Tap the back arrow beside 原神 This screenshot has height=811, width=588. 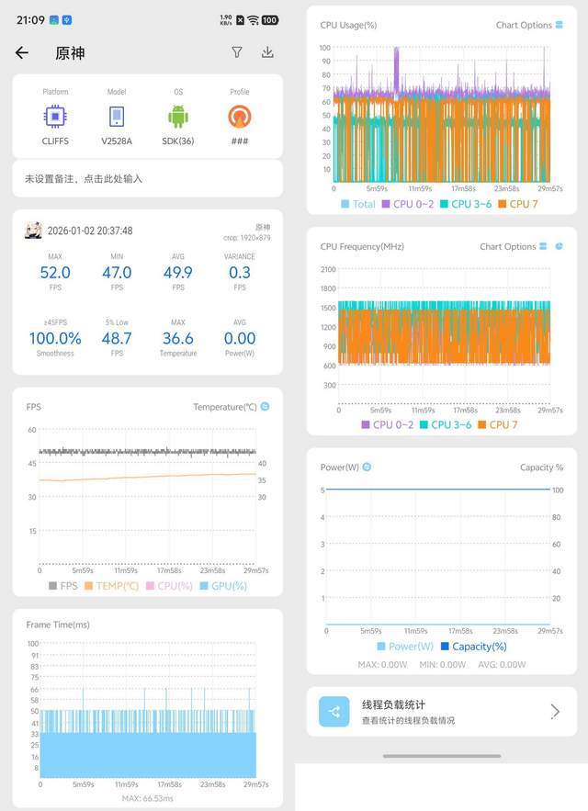(22, 53)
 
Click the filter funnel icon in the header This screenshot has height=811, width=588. (237, 52)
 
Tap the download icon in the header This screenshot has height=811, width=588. (267, 52)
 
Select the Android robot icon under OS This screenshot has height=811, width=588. (177, 117)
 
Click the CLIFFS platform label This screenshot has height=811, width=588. (55, 141)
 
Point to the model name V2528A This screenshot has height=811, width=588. (117, 141)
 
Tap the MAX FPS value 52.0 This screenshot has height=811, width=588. (55, 273)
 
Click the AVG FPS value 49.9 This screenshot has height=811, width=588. (177, 273)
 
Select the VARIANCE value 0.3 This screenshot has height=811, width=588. (239, 273)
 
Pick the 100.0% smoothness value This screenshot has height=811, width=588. (55, 339)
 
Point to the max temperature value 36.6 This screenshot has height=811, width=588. (177, 339)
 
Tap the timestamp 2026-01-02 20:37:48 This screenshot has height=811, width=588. (89, 231)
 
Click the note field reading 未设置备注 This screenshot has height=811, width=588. (84, 178)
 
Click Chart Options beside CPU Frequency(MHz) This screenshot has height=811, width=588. (508, 246)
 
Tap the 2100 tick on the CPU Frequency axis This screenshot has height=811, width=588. (328, 269)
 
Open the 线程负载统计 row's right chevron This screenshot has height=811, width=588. (555, 712)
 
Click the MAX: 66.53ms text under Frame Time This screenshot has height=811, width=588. (147, 799)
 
